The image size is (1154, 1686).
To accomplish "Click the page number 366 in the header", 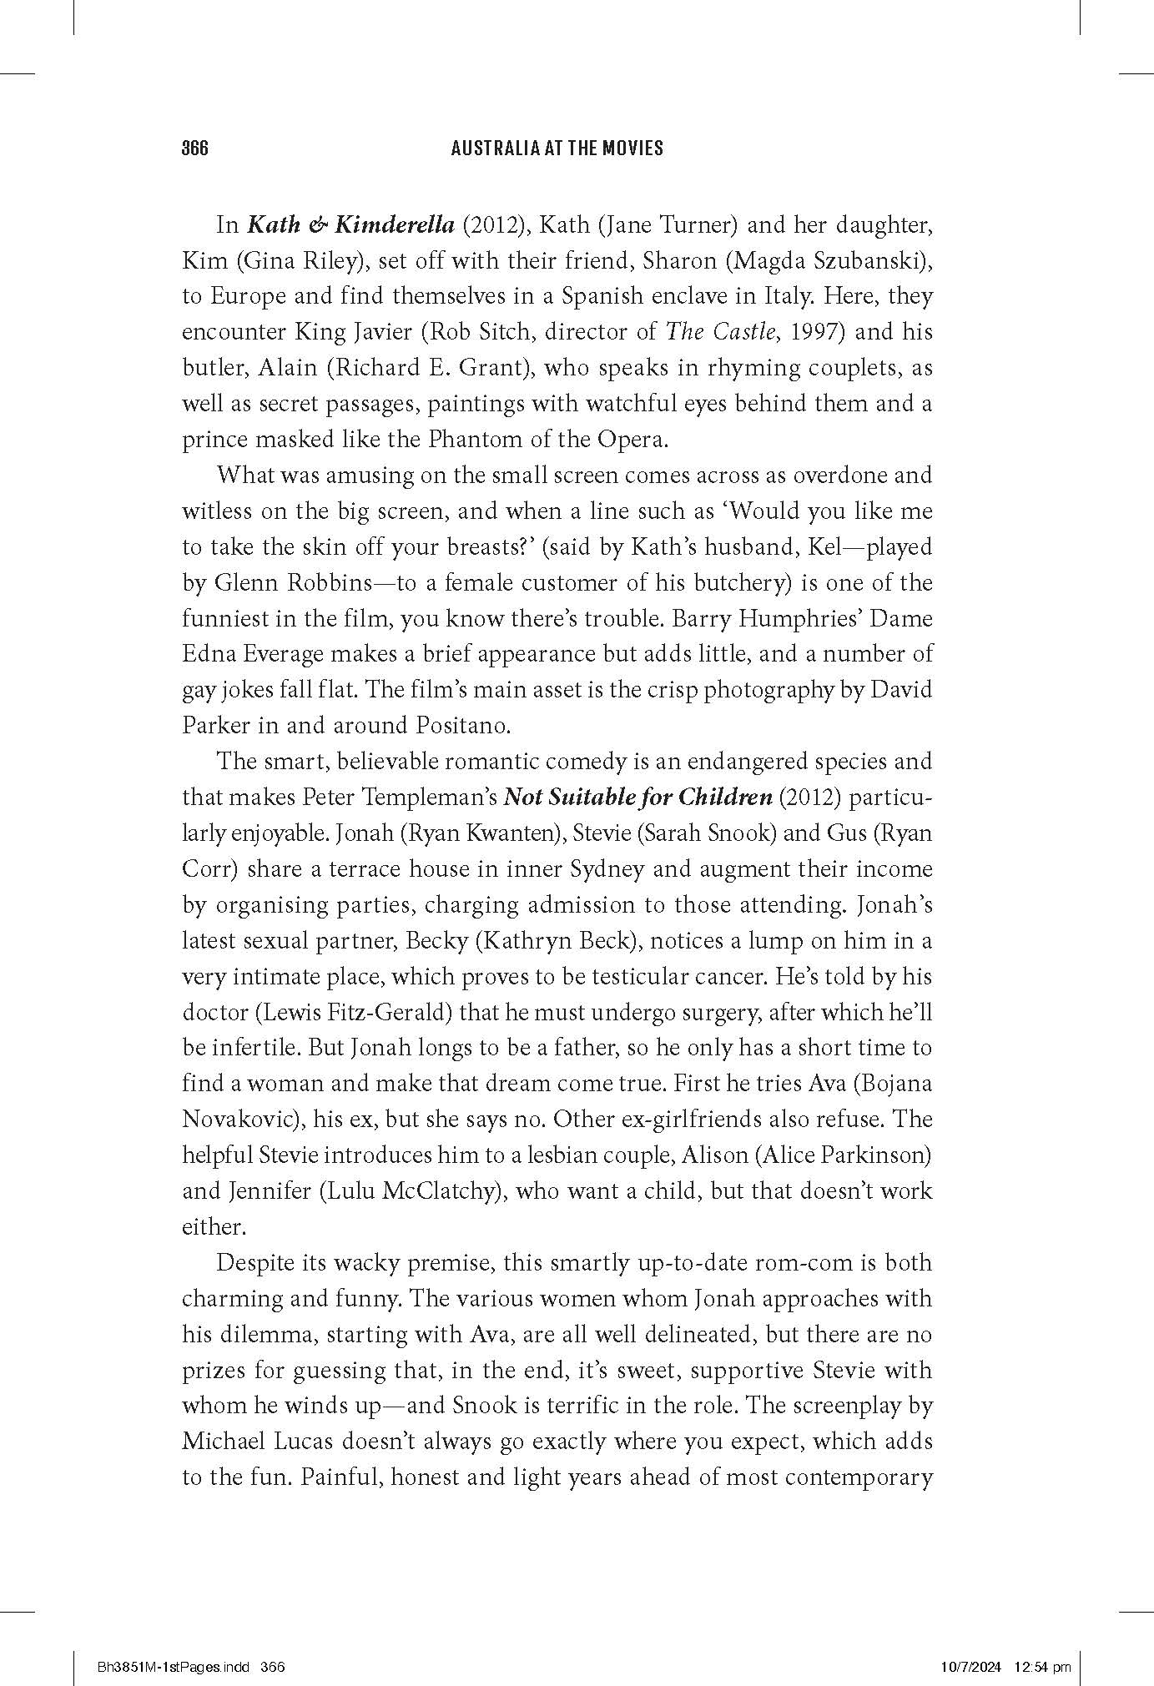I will pyautogui.click(x=194, y=148).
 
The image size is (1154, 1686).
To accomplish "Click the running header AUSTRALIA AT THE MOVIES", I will pyautogui.click(x=557, y=148).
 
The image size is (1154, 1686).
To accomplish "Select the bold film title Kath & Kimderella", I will pyautogui.click(x=350, y=225).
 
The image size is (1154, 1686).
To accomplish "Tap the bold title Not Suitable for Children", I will pyautogui.click(x=638, y=797).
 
